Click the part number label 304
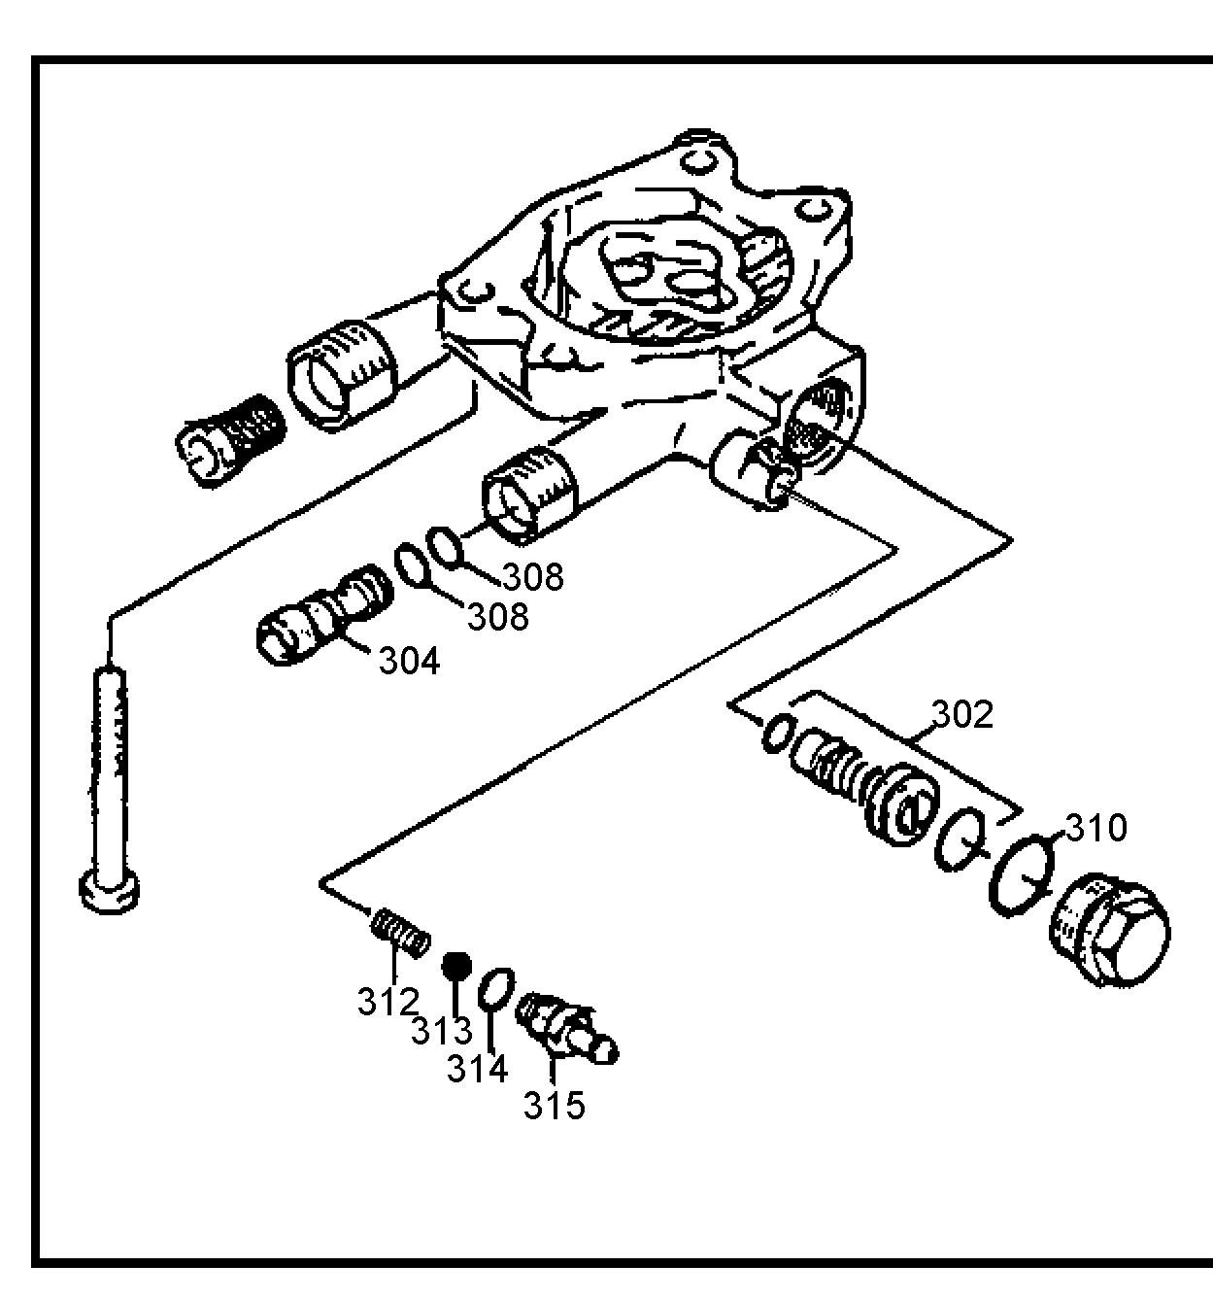tap(410, 661)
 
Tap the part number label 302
tap(961, 714)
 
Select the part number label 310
tap(1096, 828)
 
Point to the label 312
tap(387, 1002)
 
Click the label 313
tap(441, 1031)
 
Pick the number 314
tap(477, 1069)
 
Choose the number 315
tap(554, 1106)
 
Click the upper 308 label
tap(533, 577)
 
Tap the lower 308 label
tap(497, 617)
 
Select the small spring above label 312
tap(401, 932)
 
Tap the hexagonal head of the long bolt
tap(110, 892)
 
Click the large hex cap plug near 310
tap(1110, 930)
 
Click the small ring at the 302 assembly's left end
tap(779, 734)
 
